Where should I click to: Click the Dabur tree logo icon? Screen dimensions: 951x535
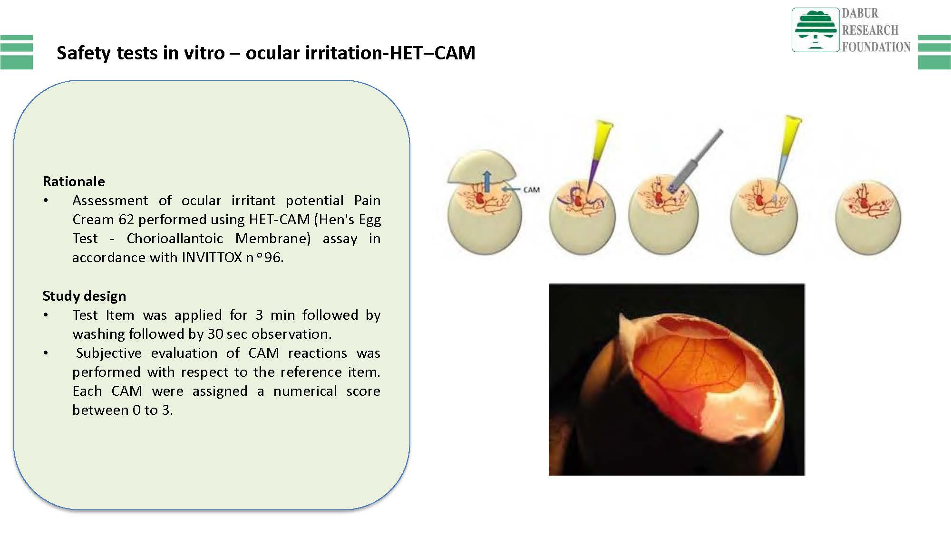tap(815, 29)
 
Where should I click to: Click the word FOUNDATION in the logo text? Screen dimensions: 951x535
tap(876, 47)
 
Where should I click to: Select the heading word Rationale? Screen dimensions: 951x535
tap(74, 182)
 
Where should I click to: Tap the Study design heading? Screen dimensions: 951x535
tap(84, 296)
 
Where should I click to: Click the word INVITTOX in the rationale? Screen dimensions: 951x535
tap(212, 258)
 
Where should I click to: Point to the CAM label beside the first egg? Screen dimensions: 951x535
tap(532, 190)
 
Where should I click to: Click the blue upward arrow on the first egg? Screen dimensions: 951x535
tap(487, 182)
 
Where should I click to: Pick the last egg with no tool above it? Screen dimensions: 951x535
tap(868, 217)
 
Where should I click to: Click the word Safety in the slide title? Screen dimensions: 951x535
tap(84, 53)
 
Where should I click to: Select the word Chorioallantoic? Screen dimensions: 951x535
tap(175, 239)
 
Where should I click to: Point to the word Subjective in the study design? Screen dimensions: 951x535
tap(109, 353)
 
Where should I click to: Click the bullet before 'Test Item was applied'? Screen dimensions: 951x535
tap(46, 315)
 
